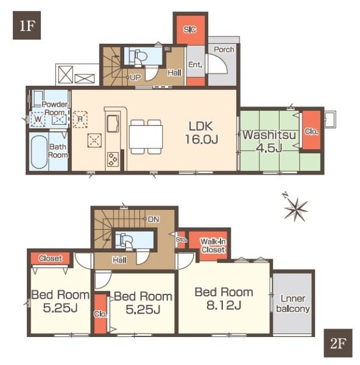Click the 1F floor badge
27,26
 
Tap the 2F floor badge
338,343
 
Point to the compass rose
295,207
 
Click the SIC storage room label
190,30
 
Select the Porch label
224,49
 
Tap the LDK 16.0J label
202,133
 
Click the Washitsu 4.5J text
269,141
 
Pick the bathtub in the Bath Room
39,152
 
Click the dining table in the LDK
146,136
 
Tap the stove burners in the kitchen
113,159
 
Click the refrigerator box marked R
80,119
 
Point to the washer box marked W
38,119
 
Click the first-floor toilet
140,57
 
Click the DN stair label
154,219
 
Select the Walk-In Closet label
213,246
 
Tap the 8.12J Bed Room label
224,299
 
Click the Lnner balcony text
293,304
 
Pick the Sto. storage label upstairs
182,239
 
